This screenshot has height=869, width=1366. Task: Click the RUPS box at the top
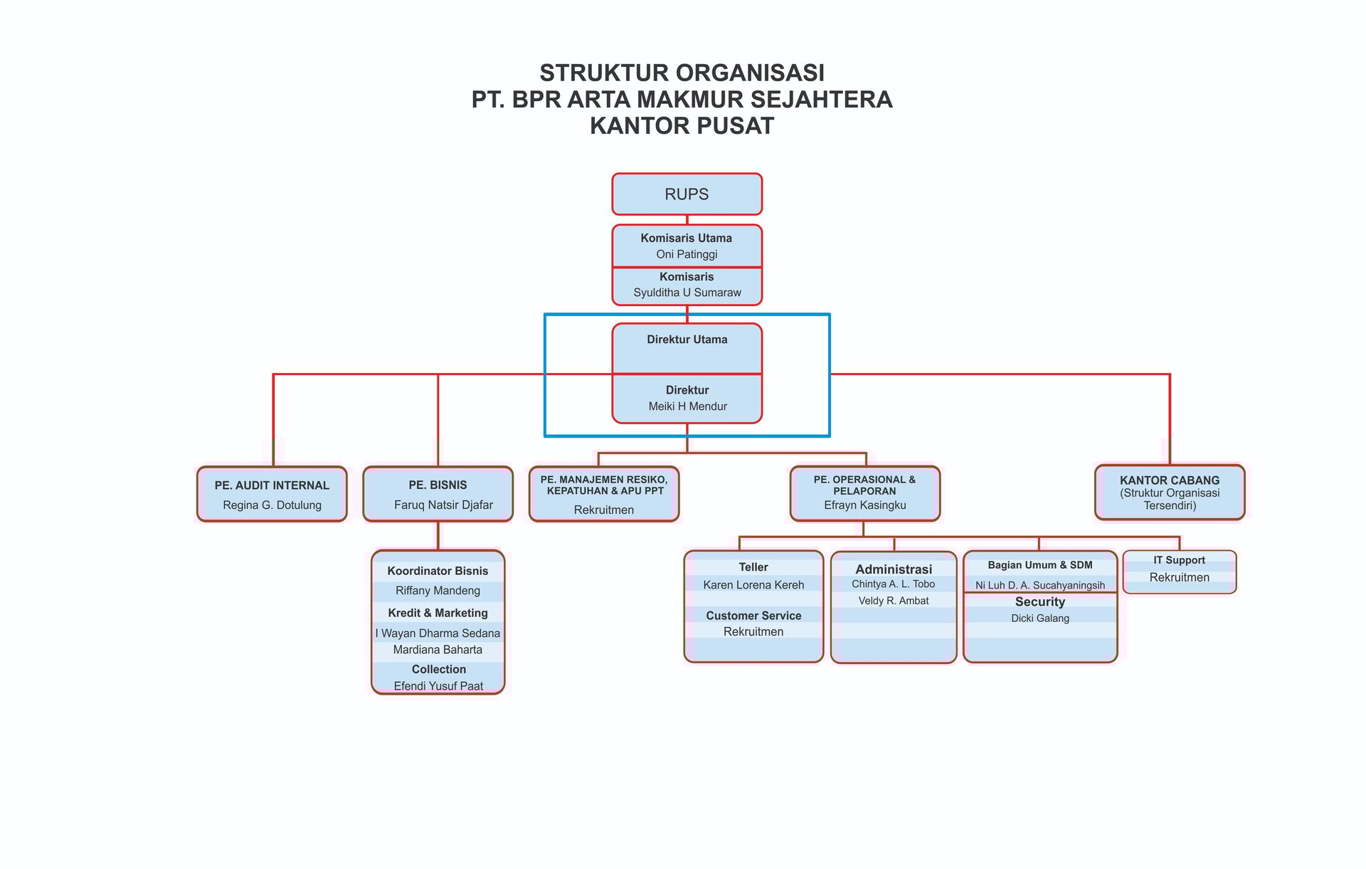687,194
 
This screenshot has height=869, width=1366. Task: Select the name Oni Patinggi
687,255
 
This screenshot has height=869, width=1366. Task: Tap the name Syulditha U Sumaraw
687,293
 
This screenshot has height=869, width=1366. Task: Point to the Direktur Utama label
687,339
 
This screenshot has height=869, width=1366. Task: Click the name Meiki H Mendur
687,406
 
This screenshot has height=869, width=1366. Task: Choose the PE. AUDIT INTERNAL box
272,494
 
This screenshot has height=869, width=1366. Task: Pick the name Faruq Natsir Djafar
443,505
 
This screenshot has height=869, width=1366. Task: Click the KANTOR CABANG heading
1169,480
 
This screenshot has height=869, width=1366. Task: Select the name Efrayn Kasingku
864,505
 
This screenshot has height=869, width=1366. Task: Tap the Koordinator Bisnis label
438,571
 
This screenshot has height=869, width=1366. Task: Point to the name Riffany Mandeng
438,591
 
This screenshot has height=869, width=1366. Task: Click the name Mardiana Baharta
438,650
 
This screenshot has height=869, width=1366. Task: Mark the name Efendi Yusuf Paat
438,686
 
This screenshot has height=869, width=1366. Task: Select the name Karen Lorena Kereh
753,585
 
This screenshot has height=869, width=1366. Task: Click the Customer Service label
753,616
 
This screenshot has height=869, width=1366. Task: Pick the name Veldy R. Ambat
893,601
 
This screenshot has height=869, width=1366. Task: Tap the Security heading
1039,602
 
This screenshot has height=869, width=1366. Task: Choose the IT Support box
1179,571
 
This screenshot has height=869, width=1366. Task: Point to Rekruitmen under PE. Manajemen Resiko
603,510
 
